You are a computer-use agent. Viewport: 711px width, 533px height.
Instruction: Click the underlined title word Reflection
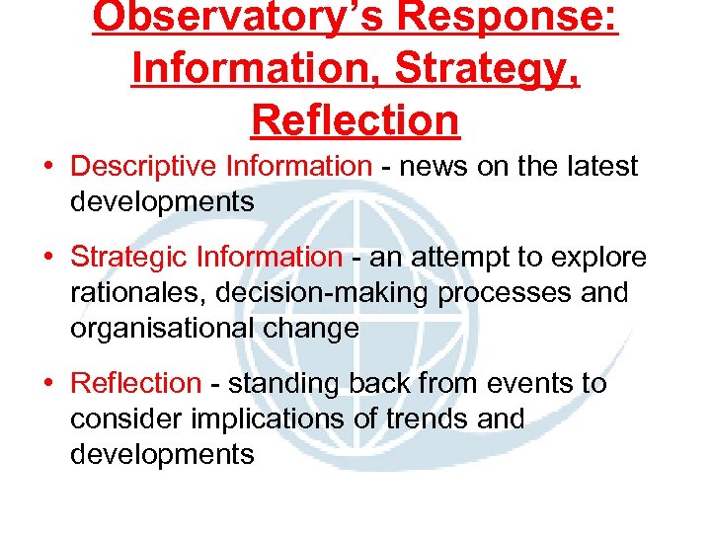tap(355, 119)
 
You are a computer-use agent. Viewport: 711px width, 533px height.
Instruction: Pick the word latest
tap(598, 166)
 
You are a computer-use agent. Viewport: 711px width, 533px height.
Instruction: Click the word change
tap(313, 329)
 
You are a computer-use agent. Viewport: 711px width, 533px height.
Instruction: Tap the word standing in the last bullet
tap(288, 383)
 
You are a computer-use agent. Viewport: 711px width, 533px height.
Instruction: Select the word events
tap(518, 383)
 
